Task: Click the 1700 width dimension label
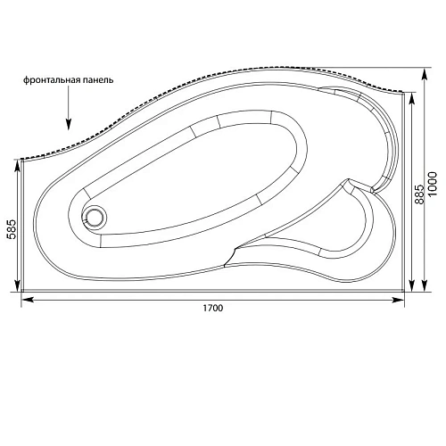pyautogui.click(x=211, y=309)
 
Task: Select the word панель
pyautogui.click(x=95, y=80)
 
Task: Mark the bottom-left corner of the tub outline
pyautogui.click(x=21, y=291)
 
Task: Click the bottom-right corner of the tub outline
pyautogui.click(x=403, y=291)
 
